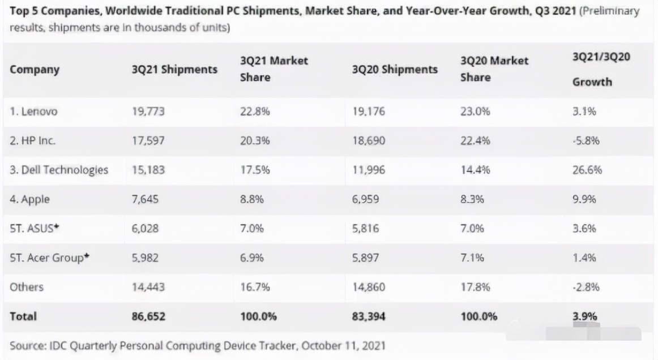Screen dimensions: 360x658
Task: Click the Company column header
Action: (x=35, y=70)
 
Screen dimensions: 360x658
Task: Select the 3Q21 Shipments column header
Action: (x=174, y=70)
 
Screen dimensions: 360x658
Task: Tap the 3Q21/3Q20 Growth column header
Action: (x=592, y=69)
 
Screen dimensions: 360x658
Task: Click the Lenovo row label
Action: (x=33, y=112)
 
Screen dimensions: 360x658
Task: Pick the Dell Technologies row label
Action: (x=59, y=170)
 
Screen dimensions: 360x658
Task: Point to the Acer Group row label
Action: (x=50, y=258)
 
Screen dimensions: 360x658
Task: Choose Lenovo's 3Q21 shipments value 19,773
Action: (x=148, y=112)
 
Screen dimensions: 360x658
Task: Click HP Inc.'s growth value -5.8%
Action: (x=586, y=141)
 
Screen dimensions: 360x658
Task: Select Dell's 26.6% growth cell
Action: (x=587, y=170)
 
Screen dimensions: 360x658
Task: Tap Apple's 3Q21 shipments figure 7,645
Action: (x=146, y=199)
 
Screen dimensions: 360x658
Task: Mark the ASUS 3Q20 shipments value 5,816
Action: (x=364, y=229)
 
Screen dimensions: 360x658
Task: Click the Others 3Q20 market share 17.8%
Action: (x=475, y=288)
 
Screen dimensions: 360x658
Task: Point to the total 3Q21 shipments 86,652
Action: (x=148, y=317)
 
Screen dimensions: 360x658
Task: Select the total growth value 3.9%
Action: (x=585, y=317)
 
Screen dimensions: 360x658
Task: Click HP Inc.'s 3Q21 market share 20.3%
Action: (x=255, y=141)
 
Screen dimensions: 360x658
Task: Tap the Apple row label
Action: (x=29, y=199)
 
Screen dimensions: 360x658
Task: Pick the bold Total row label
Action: (x=23, y=317)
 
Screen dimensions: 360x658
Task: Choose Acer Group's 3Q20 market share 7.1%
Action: (x=473, y=258)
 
